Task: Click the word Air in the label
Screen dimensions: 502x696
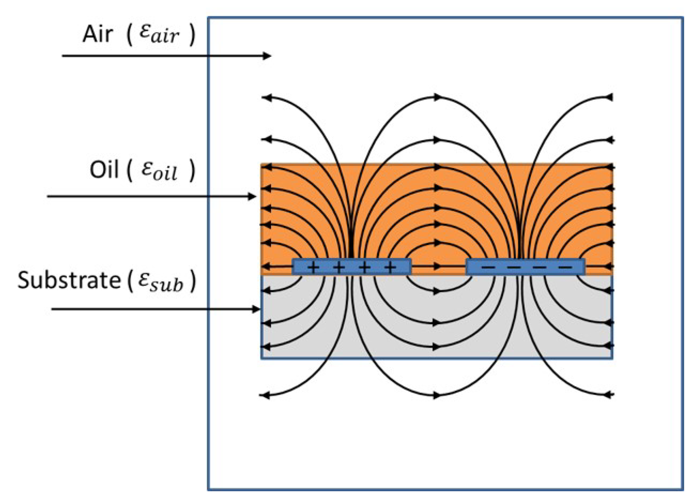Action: pyautogui.click(x=97, y=34)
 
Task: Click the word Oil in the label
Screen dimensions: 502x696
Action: pyautogui.click(x=104, y=170)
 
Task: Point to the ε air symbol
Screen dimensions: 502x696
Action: pyautogui.click(x=159, y=34)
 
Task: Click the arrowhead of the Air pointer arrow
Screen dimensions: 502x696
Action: pyautogui.click(x=267, y=56)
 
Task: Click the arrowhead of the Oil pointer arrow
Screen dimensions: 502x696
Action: pyautogui.click(x=253, y=196)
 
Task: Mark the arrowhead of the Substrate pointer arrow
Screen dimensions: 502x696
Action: pyautogui.click(x=256, y=309)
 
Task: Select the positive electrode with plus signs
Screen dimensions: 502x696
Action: pyautogui.click(x=352, y=267)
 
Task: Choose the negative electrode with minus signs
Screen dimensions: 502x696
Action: pyautogui.click(x=525, y=267)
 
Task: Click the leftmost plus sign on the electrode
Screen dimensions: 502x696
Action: pyautogui.click(x=313, y=267)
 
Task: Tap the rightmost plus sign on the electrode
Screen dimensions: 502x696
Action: pyautogui.click(x=390, y=267)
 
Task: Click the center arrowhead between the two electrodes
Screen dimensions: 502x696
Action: pyautogui.click(x=438, y=266)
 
